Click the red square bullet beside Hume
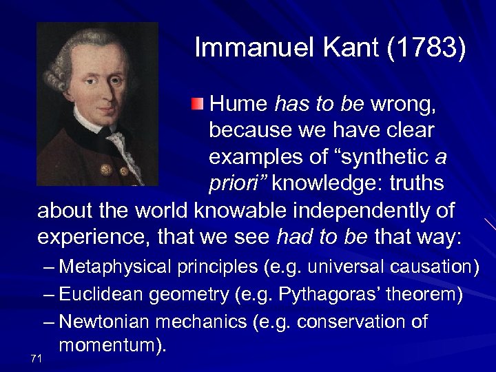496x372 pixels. [x=198, y=104]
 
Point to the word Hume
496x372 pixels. [x=238, y=105]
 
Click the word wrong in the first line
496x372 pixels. [x=402, y=105]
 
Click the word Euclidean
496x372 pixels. [x=103, y=295]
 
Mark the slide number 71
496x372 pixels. [x=37, y=358]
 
